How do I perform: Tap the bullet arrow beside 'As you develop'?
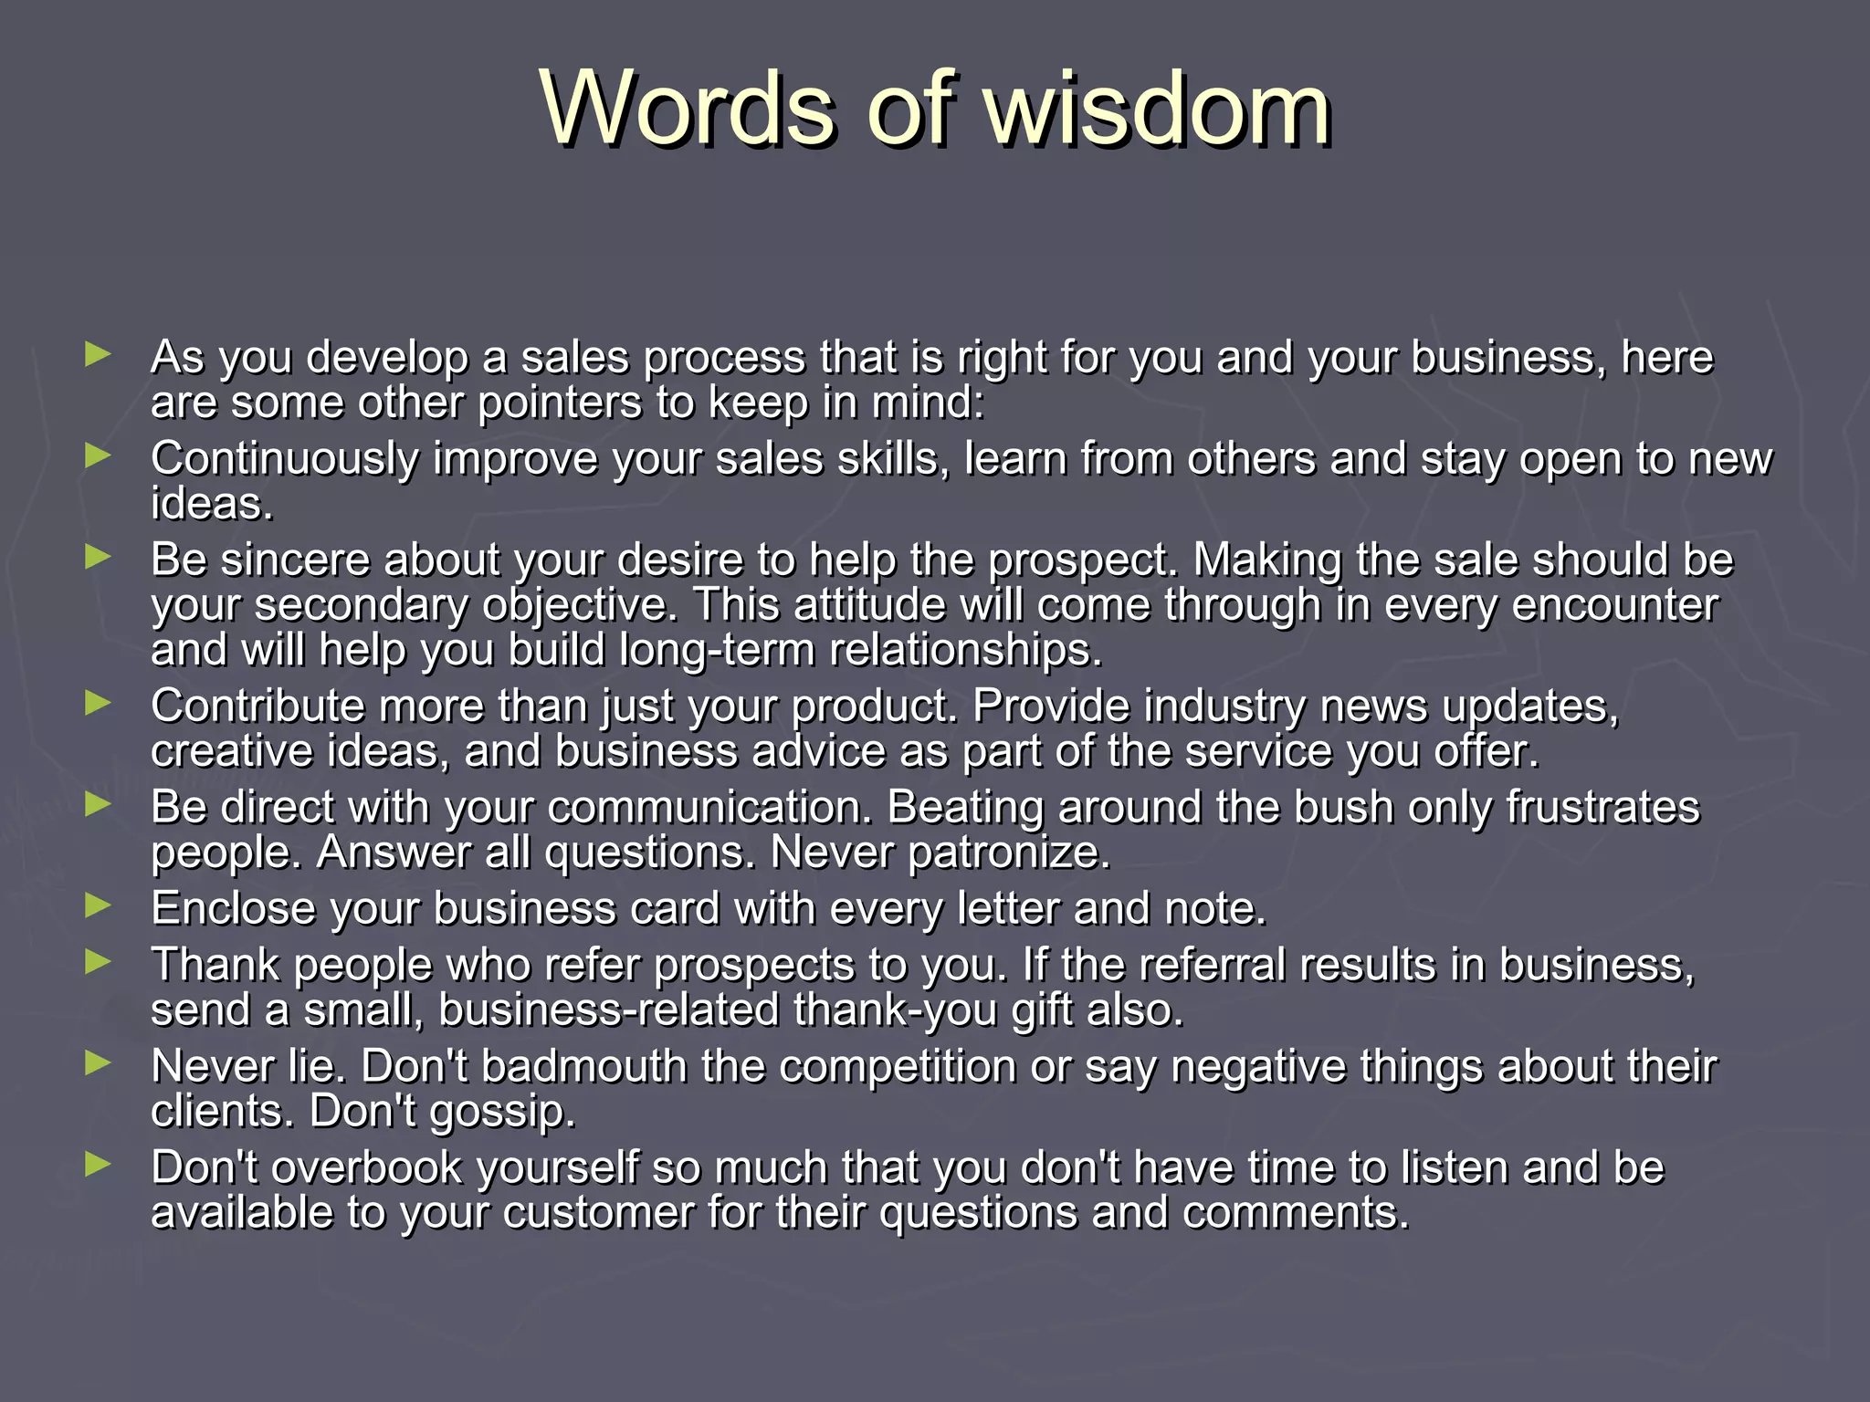click(97, 354)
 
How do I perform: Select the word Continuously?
click(284, 458)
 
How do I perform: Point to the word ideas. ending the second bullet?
click(212, 504)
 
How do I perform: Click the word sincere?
click(295, 560)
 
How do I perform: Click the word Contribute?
click(257, 706)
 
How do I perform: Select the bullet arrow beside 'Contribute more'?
click(97, 703)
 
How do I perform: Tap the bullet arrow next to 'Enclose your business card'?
click(97, 905)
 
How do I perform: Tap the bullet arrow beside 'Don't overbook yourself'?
click(97, 1164)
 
